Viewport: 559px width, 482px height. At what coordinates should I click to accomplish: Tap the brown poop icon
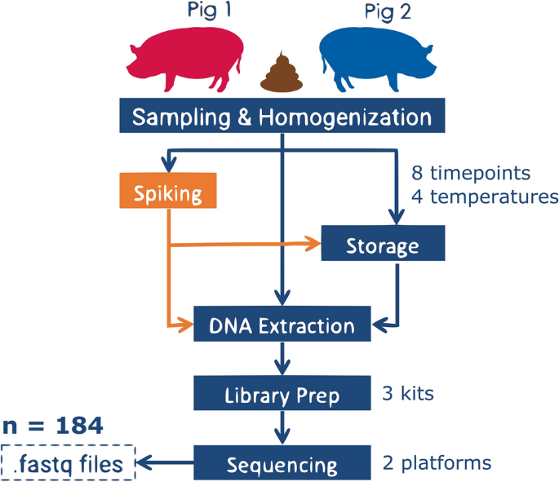click(x=282, y=73)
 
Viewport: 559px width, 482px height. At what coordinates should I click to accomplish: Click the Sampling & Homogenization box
click(x=282, y=117)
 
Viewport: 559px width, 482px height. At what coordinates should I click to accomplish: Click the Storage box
click(x=383, y=245)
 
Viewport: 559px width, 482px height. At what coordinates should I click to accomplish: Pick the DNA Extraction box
click(x=282, y=326)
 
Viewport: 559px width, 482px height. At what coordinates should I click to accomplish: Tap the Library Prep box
click(x=282, y=396)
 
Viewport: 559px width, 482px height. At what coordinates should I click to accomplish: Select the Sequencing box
click(x=282, y=465)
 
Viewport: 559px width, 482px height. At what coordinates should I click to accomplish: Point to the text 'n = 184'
click(x=52, y=425)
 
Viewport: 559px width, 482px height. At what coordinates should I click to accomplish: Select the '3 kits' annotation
click(x=408, y=394)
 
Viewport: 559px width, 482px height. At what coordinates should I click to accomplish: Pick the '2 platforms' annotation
click(x=437, y=463)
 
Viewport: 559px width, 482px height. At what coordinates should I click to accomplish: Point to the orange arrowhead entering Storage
click(x=313, y=242)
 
